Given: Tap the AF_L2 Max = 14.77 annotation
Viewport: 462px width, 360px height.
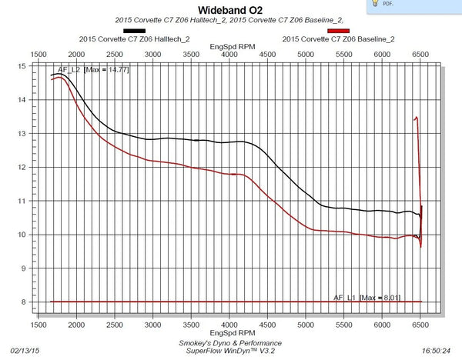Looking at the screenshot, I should pyautogui.click(x=97, y=70).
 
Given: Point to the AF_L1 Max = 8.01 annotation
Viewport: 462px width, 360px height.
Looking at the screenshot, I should pyautogui.click(x=368, y=297).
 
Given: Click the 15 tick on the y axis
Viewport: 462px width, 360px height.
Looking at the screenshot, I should pyautogui.click(x=22, y=66).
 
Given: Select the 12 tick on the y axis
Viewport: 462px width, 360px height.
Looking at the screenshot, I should pyautogui.click(x=22, y=167).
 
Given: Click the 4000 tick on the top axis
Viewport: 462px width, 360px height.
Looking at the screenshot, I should pyautogui.click(x=228, y=54).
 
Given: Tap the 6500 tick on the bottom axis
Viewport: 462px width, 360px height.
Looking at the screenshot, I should pyautogui.click(x=420, y=326).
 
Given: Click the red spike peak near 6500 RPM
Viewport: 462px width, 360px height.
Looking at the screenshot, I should pyautogui.click(x=417, y=118).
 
